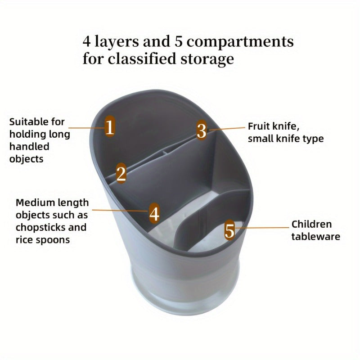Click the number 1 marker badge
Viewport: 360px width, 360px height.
(x=110, y=126)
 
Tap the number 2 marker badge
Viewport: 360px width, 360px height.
(x=121, y=173)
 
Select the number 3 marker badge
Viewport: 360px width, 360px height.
(x=202, y=130)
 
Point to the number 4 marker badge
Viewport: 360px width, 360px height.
(x=154, y=213)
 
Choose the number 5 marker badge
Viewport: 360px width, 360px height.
(x=229, y=230)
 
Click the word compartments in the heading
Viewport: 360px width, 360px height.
(x=240, y=42)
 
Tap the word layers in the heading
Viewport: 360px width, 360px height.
(x=117, y=41)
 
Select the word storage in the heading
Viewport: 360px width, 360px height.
(x=207, y=59)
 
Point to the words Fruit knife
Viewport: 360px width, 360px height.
(x=274, y=126)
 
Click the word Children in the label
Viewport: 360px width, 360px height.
(x=311, y=224)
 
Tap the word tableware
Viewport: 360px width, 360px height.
(x=316, y=237)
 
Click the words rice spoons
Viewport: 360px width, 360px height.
(x=43, y=240)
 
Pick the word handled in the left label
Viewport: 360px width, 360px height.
(x=29, y=147)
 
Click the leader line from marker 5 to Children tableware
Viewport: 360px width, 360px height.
(x=262, y=228)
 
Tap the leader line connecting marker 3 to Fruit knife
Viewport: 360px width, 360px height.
(x=227, y=129)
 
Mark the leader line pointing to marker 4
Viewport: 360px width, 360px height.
(x=120, y=210)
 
